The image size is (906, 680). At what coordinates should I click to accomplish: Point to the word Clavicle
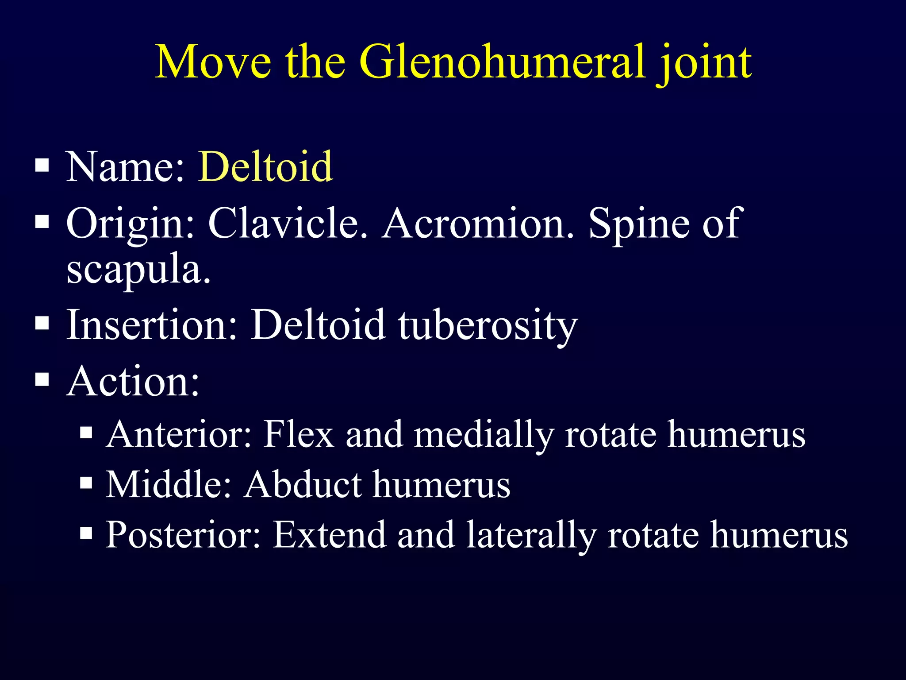[288, 223]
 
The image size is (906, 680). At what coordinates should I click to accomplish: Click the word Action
[132, 381]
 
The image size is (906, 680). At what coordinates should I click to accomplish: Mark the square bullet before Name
[42, 166]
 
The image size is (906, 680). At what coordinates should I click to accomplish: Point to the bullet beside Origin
[42, 221]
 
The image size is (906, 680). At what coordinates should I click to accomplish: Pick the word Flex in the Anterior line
[299, 434]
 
